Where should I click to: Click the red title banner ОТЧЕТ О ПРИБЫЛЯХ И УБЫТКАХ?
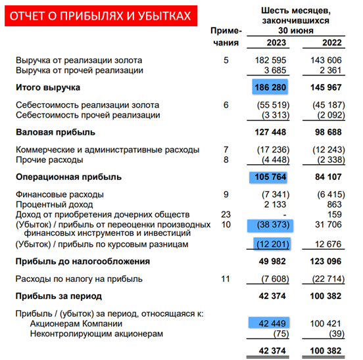point(103,15)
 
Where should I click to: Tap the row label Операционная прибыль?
point(59,177)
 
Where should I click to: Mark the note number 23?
point(226,215)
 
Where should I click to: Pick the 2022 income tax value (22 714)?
point(331,279)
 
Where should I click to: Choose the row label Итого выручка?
point(48,87)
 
